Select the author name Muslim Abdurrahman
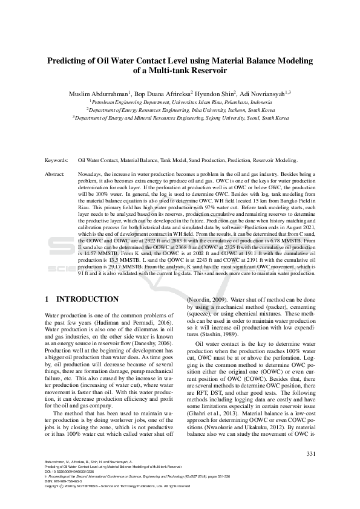click(94, 93)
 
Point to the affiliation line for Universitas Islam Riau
click(180, 103)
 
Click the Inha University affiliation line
click(180, 111)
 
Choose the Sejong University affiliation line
click(180, 118)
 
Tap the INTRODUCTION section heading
click(87, 299)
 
